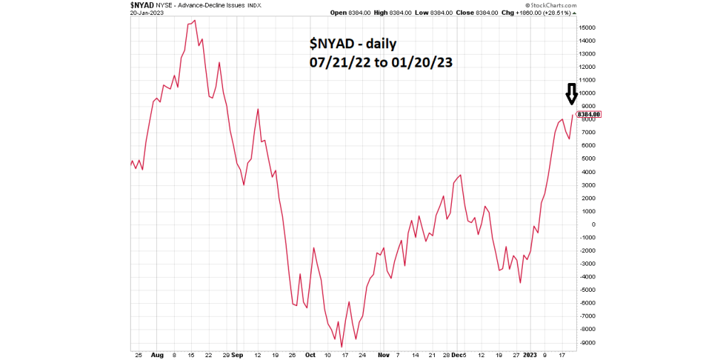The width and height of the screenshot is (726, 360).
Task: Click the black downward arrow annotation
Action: pyautogui.click(x=571, y=94)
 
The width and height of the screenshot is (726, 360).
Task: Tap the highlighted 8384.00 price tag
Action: pyautogui.click(x=590, y=114)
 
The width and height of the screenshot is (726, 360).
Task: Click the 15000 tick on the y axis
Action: pyautogui.click(x=587, y=28)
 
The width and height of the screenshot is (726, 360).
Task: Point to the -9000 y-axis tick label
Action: pyautogui.click(x=587, y=343)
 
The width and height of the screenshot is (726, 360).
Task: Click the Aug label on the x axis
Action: pyautogui.click(x=158, y=354)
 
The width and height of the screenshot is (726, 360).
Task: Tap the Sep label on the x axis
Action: pyautogui.click(x=237, y=354)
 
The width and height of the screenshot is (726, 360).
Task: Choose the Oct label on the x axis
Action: pyautogui.click(x=310, y=354)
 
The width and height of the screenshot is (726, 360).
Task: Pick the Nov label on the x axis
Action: pyautogui.click(x=384, y=354)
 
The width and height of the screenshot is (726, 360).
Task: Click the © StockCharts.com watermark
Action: pyautogui.click(x=553, y=6)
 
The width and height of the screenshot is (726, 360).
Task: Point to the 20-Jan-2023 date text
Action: pyautogui.click(x=148, y=13)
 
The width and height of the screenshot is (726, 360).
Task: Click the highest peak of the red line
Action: pyautogui.click(x=195, y=21)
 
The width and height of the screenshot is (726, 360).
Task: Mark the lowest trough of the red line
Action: pyautogui.click(x=342, y=347)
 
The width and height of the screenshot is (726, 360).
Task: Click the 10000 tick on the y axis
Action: pyautogui.click(x=587, y=94)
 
